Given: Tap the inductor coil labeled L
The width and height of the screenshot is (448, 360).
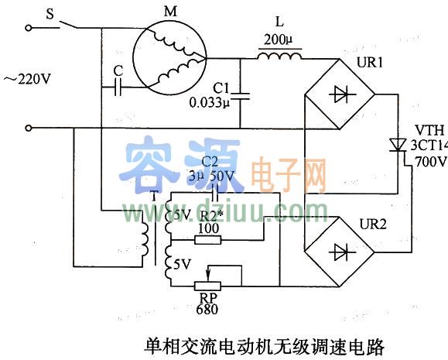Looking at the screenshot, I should pos(279,55).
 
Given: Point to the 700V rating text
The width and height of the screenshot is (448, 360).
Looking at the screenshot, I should pos(430,162).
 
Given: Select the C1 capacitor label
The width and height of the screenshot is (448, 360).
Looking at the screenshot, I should pos(221,87).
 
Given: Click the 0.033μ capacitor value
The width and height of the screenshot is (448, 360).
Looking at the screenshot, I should pos(210,101).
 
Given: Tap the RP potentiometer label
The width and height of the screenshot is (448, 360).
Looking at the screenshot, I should pos(207,297).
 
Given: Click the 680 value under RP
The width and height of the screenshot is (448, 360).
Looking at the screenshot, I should pos(207,309).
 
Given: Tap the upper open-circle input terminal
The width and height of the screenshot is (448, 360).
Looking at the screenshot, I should pos(29,28).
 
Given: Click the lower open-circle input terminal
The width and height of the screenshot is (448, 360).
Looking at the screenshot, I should pos(29,128).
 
